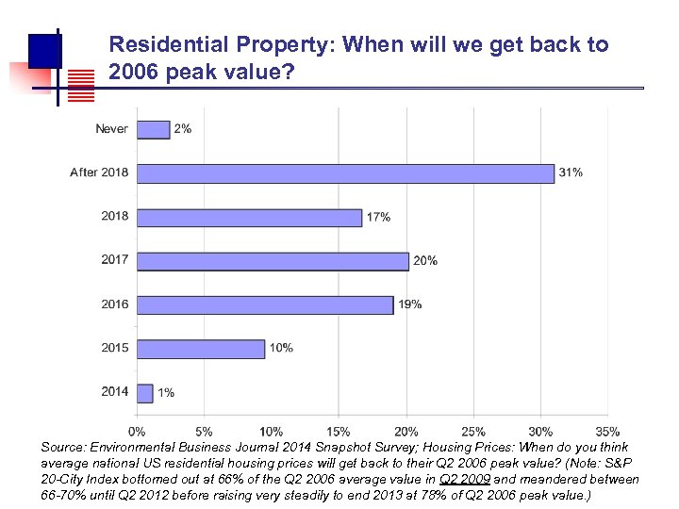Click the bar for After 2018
[345, 173]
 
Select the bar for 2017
[273, 261]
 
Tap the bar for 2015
[201, 349]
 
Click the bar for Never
[153, 129]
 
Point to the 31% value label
[571, 172]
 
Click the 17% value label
[378, 217]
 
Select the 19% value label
[409, 304]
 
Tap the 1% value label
[166, 392]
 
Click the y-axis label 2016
[115, 304]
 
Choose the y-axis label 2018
[115, 216]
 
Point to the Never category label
[111, 128]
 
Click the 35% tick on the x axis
[607, 432]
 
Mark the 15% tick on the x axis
[339, 432]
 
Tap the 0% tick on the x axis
[138, 432]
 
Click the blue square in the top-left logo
[44, 49]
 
